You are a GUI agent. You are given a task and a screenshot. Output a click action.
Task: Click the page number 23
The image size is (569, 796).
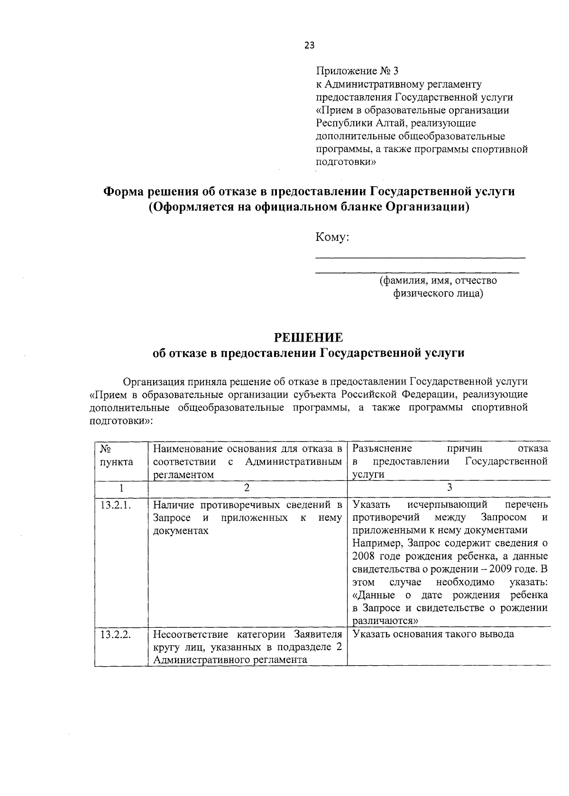pyautogui.click(x=309, y=45)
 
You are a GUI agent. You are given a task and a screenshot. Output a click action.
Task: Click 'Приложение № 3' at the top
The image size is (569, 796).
pyautogui.click(x=358, y=71)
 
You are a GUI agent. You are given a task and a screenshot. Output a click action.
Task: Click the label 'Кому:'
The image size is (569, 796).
pyautogui.click(x=332, y=237)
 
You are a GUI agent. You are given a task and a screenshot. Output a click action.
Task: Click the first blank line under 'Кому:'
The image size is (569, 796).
pyautogui.click(x=420, y=256)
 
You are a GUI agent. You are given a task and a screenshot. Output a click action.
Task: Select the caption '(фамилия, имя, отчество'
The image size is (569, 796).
pyautogui.click(x=438, y=280)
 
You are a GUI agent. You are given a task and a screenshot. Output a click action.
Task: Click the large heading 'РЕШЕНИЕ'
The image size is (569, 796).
pyautogui.click(x=309, y=337)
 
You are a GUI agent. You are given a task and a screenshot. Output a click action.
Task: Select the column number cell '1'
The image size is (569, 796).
pyautogui.click(x=121, y=487)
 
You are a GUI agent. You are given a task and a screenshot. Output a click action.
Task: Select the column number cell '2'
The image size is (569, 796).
pyautogui.click(x=247, y=487)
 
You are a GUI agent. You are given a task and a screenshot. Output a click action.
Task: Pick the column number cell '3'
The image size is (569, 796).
pyautogui.click(x=450, y=487)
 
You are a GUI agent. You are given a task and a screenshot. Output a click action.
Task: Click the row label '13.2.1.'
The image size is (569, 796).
pyautogui.click(x=115, y=505)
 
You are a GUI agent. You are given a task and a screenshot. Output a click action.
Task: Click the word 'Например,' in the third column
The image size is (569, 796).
pyautogui.click(x=375, y=543)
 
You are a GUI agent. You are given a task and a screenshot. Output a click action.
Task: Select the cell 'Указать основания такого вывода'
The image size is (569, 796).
pyautogui.click(x=433, y=634)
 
